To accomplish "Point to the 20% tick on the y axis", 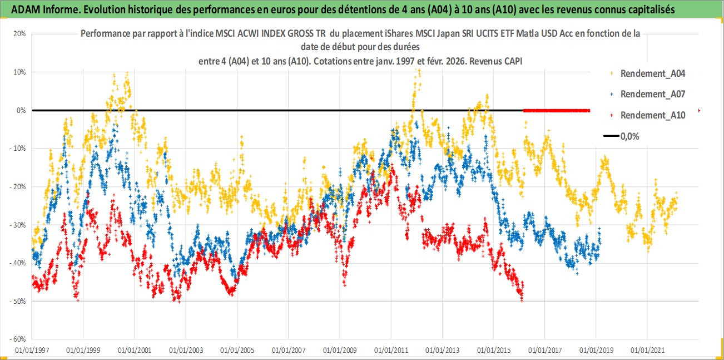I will pyautogui.click(x=19, y=33).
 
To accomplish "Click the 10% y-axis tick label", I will pyautogui.click(x=19, y=72).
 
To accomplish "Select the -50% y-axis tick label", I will pyautogui.click(x=18, y=301).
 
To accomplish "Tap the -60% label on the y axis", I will pyautogui.click(x=18, y=339).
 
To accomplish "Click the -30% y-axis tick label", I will pyautogui.click(x=18, y=225).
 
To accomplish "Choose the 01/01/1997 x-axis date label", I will pyautogui.click(x=32, y=351).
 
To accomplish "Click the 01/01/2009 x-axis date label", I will pyautogui.click(x=340, y=351).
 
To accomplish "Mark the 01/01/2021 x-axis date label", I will pyautogui.click(x=647, y=351).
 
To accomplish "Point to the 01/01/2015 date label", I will pyautogui.click(x=493, y=351).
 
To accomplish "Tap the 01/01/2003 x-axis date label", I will pyautogui.click(x=186, y=351).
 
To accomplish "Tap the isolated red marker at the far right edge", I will pyautogui.click(x=699, y=111).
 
